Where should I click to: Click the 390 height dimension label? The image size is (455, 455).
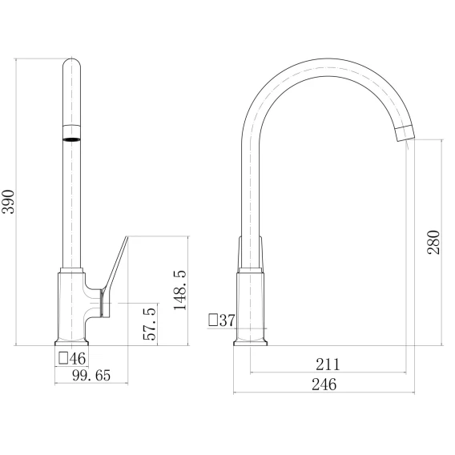[8, 202]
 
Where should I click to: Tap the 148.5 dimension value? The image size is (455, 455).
[180, 290]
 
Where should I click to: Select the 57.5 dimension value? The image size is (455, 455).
[150, 324]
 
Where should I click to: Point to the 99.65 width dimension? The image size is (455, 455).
[91, 375]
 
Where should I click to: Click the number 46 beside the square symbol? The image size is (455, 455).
[78, 358]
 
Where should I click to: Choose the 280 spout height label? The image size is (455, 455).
[433, 242]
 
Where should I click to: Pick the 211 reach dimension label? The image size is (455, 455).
[328, 364]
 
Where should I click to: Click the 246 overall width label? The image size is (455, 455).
[324, 385]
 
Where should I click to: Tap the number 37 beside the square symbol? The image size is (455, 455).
[227, 320]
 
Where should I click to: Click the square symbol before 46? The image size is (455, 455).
[63, 358]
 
